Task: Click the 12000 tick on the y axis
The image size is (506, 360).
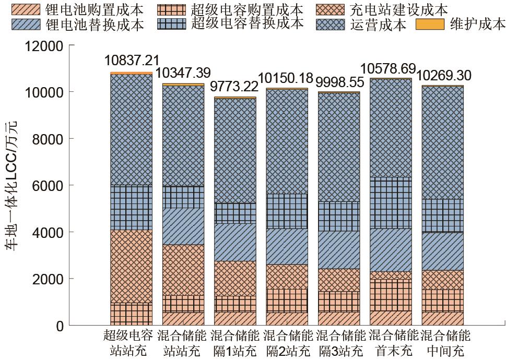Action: [45, 46]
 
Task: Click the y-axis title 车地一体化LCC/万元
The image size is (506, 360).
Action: [11, 186]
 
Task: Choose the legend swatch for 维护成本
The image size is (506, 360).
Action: [430, 24]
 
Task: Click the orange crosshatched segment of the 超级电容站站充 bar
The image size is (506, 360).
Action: [132, 266]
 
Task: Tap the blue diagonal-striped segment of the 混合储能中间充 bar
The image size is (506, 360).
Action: [443, 251]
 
